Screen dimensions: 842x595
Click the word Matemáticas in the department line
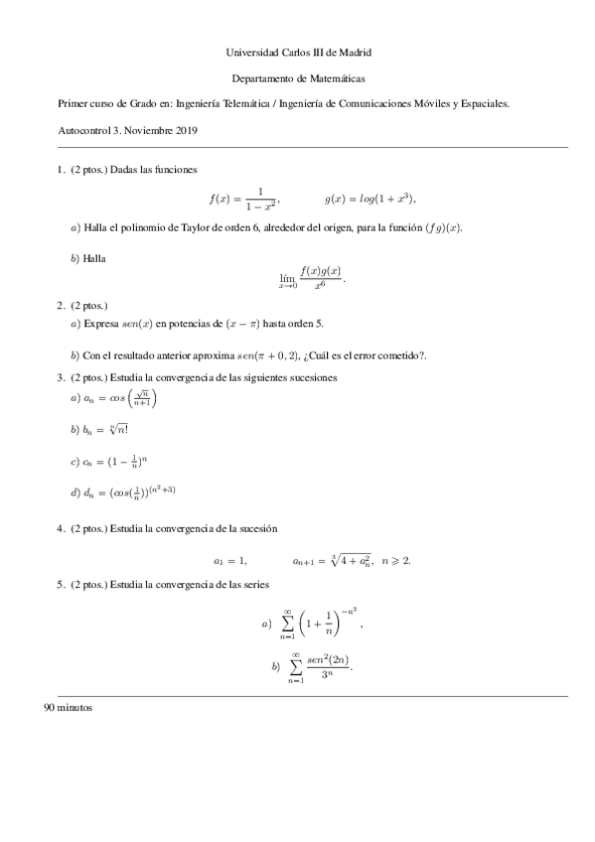[333, 77]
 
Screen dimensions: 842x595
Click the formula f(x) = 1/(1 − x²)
[243, 198]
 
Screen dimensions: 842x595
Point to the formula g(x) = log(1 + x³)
[368, 198]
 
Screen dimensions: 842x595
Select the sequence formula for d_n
[128, 492]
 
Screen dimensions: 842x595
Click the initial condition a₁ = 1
[229, 561]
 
